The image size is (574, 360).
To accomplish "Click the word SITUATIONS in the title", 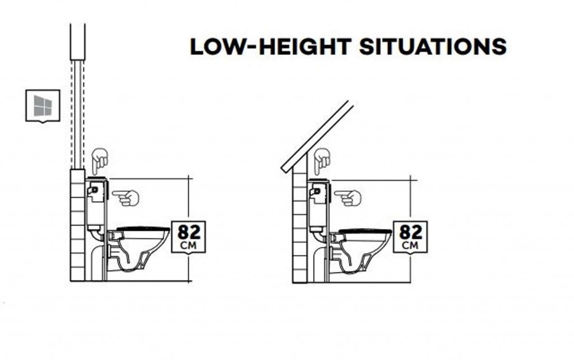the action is tap(433, 47).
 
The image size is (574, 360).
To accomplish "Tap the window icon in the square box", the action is tap(43, 106).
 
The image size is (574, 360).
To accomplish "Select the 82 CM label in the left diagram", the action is tap(188, 237).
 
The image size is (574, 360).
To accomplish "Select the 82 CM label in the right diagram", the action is tap(410, 237).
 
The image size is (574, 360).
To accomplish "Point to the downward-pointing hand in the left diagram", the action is tap(99, 161).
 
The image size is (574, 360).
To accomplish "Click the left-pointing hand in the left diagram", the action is tap(126, 198).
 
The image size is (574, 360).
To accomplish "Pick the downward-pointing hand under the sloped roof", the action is tap(322, 161).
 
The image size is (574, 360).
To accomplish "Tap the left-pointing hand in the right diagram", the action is tap(348, 198).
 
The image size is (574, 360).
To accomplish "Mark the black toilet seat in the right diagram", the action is tap(365, 232).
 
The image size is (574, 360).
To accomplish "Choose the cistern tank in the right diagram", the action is tap(318, 205).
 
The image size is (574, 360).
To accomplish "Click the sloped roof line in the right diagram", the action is tap(317, 137).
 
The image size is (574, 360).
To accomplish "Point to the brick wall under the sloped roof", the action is tap(300, 227).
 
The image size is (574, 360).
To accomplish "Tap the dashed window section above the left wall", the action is tap(77, 113).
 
